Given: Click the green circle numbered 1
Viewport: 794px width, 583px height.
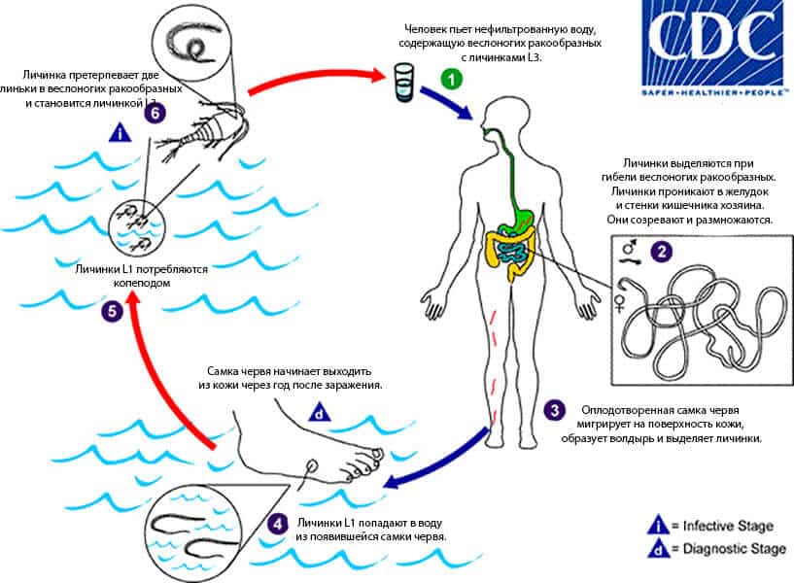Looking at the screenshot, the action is [x=451, y=79].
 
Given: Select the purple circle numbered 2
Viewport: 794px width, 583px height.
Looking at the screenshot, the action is [x=661, y=251].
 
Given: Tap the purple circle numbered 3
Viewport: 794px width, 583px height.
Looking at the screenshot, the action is [x=555, y=410].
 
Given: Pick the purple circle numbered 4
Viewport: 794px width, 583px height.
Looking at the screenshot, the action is [x=278, y=524].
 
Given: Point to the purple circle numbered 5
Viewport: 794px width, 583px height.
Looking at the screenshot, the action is [x=113, y=311].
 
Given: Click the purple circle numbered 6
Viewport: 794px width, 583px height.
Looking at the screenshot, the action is [x=155, y=113].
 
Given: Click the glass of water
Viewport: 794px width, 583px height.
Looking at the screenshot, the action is [x=403, y=83].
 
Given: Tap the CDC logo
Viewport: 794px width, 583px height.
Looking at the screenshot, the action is [x=715, y=48].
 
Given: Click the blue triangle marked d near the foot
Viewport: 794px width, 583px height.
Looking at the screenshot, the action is [x=320, y=412].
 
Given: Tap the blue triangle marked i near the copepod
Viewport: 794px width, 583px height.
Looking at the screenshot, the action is [x=120, y=132].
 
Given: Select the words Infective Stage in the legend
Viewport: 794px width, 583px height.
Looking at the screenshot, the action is [x=728, y=527].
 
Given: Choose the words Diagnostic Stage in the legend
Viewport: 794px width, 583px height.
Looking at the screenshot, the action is [x=735, y=549].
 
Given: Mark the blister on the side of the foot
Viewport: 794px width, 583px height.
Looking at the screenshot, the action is [x=312, y=463].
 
